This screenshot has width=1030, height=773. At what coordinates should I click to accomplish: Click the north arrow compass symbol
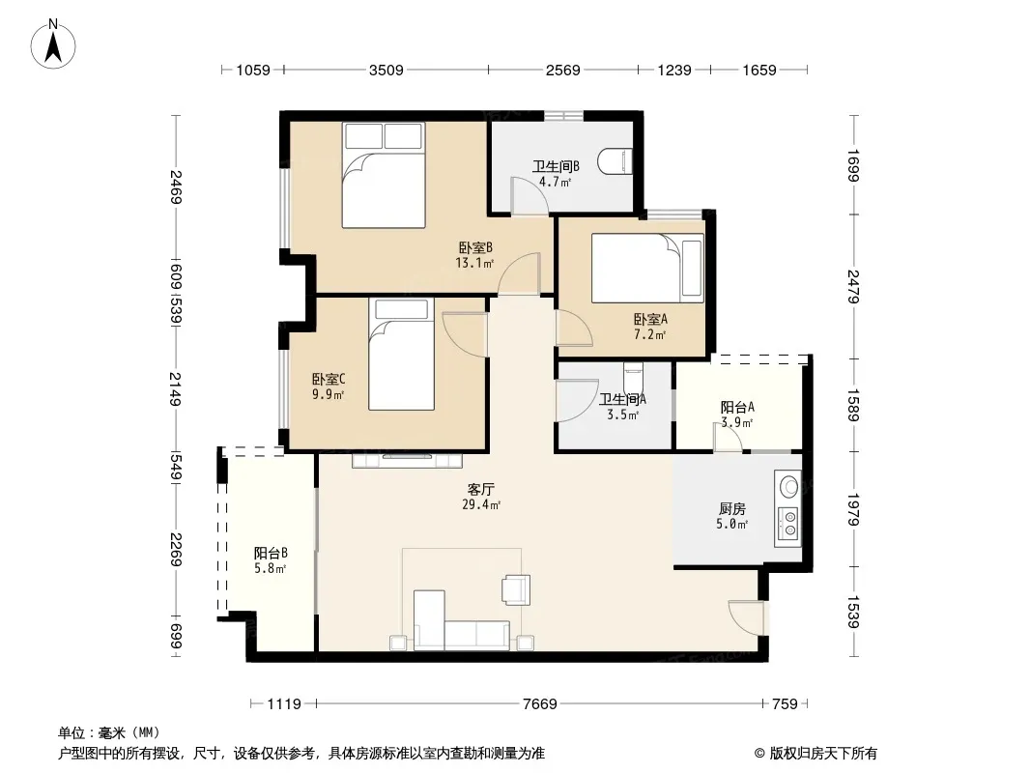click(53, 44)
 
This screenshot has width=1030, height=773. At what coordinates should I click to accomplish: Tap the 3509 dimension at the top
click(386, 70)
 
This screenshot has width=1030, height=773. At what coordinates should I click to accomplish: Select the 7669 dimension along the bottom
click(539, 704)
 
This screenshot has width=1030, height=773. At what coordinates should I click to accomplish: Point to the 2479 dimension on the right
click(852, 286)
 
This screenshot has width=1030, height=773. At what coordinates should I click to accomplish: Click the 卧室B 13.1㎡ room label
click(475, 255)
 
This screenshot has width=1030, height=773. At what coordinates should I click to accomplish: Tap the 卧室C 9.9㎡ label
click(328, 386)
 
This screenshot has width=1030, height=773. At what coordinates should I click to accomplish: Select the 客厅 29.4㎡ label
click(481, 497)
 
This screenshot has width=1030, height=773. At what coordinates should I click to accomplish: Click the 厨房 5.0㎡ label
click(731, 516)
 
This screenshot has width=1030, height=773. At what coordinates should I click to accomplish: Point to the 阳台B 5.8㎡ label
click(270, 560)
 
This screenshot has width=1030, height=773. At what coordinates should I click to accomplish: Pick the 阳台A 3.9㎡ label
click(737, 415)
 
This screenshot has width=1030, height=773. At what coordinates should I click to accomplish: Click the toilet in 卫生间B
click(615, 161)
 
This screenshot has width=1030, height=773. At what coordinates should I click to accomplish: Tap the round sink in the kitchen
click(788, 487)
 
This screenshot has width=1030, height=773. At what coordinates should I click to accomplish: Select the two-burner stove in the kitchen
click(788, 524)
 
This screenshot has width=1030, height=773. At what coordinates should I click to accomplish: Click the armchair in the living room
click(516, 589)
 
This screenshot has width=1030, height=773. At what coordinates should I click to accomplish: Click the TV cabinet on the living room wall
click(408, 460)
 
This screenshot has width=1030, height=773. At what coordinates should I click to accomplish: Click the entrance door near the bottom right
click(747, 617)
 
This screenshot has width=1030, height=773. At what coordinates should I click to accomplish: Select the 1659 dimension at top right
click(759, 70)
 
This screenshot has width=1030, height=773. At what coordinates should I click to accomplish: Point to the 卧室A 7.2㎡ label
click(650, 327)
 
